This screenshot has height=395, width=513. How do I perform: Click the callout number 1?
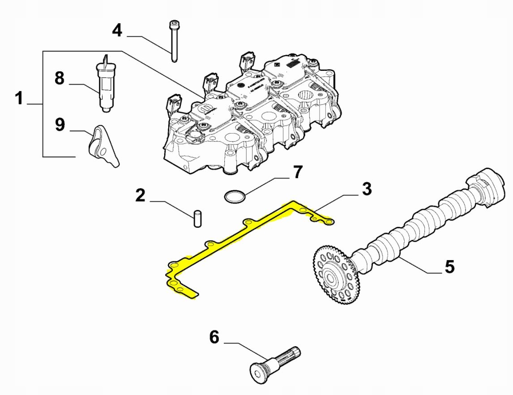point(19,98)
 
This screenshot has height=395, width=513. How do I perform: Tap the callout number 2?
point(141,195)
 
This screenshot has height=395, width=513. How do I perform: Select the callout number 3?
point(367,189)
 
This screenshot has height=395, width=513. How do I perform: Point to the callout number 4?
point(117,30)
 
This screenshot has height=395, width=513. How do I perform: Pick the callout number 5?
point(449,266)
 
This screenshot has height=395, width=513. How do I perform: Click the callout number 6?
point(214,337)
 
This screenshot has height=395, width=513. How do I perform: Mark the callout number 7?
point(297,172)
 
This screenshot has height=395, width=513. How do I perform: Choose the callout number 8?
point(59,78)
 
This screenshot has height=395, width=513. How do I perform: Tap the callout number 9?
point(60,125)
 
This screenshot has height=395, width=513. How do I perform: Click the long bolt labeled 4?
point(173,41)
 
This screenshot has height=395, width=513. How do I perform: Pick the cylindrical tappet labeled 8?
point(105,85)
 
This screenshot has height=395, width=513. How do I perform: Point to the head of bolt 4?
point(173,24)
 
